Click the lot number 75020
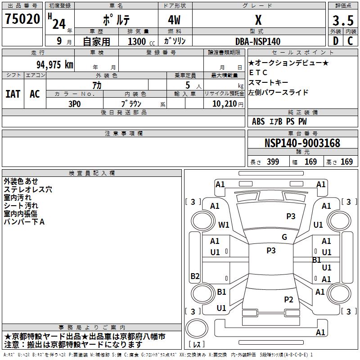22,19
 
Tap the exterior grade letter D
335,41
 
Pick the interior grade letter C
350,41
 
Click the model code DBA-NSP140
258,41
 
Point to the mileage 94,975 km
54,64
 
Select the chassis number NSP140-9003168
302,144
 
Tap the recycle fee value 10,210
224,103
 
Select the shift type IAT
13,94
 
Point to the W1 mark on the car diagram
224,225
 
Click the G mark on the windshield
284,237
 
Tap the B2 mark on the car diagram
195,276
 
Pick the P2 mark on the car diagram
288,299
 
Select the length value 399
272,162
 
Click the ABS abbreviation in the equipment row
258,121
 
